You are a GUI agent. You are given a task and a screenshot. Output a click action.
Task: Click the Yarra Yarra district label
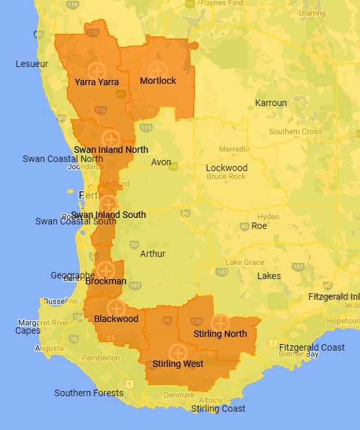pos(97,82)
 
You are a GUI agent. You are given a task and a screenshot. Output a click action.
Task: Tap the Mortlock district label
pos(158,81)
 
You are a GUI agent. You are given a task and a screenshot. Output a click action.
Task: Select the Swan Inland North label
pos(110,149)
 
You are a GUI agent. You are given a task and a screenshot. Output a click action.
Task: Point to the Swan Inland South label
pos(109,215)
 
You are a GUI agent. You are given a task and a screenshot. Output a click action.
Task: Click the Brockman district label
pos(106,282)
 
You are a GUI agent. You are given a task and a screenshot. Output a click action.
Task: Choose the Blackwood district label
pos(116,319)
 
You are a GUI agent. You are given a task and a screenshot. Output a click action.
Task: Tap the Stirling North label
pos(220,334)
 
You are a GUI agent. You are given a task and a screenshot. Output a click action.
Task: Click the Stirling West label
pos(178,364)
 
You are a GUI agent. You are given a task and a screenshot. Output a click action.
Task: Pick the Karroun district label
pos(271,103)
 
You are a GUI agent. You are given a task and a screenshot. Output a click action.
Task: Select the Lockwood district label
pos(227,168)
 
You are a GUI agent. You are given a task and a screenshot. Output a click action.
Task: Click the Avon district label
pos(161,162)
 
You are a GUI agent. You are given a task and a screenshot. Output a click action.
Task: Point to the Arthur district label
pos(153,254)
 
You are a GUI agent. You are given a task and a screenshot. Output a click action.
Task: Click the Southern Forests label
pos(89,393)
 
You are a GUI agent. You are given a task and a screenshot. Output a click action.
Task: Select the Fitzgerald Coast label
pos(312,347)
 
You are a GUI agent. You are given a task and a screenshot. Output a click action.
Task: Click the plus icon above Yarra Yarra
pos(96,69)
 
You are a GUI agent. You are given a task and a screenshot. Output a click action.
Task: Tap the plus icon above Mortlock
pos(157,68)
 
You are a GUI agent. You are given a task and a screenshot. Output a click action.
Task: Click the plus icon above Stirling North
pos(220,322)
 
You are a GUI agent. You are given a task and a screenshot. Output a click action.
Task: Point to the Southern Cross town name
pos(295,131)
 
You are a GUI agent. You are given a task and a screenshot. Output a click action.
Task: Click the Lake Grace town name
pos(245,262)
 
